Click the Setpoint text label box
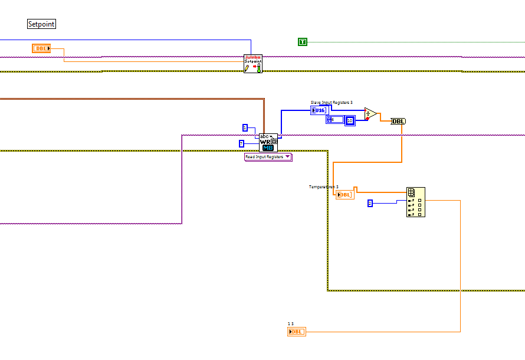[x=41, y=24]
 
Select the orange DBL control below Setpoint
[x=41, y=48]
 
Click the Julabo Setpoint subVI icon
[x=252, y=64]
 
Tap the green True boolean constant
[x=303, y=41]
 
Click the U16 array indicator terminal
[x=319, y=110]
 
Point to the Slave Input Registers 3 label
[x=332, y=103]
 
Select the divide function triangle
[x=370, y=113]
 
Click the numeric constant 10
[x=350, y=120]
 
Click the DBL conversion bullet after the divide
[x=399, y=121]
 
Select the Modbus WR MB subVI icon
[x=268, y=142]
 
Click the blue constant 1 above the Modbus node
[x=245, y=127]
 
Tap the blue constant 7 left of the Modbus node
[x=241, y=143]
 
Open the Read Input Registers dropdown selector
[x=268, y=157]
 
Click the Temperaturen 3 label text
[x=323, y=187]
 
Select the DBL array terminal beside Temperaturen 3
[x=345, y=195]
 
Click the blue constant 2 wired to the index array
[x=370, y=203]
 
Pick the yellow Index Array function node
[x=415, y=202]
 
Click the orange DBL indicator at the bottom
[x=297, y=332]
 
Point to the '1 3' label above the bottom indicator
[x=290, y=324]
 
